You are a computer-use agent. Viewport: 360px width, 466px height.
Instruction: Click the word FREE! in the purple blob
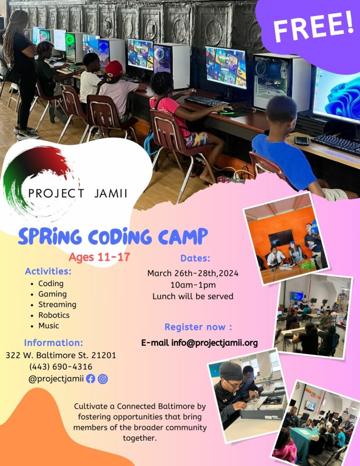click(x=313, y=26)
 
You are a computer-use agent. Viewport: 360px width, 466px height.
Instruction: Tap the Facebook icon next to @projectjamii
click(x=91, y=379)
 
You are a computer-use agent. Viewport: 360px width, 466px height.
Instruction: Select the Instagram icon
click(x=103, y=379)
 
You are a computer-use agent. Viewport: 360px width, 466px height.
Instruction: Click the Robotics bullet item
click(x=54, y=315)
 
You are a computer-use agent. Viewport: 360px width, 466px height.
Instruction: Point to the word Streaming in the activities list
click(x=57, y=304)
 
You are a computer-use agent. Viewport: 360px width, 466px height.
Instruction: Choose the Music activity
click(x=48, y=325)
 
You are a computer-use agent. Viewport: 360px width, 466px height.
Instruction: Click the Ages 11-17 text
click(x=99, y=257)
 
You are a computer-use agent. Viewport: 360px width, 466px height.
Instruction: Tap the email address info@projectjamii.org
click(x=214, y=343)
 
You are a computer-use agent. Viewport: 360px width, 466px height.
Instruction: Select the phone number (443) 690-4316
click(x=61, y=367)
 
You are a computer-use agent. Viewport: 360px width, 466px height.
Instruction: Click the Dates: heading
click(x=195, y=258)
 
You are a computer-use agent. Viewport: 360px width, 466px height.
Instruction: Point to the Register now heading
click(x=198, y=327)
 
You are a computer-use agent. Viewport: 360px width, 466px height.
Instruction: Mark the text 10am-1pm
click(x=193, y=285)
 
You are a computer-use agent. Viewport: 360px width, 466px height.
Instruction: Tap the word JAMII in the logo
click(x=111, y=193)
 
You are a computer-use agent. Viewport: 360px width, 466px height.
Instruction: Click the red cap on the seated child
click(x=113, y=69)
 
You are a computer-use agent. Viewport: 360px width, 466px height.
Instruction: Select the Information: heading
click(x=54, y=343)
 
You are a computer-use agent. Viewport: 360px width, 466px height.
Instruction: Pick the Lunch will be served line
click(x=193, y=296)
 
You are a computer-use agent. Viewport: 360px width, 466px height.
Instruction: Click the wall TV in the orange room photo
click(x=281, y=238)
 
